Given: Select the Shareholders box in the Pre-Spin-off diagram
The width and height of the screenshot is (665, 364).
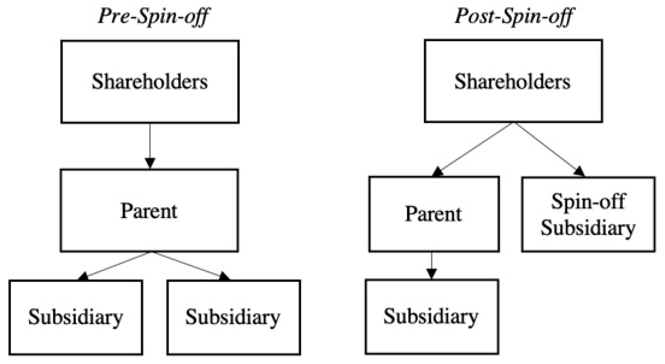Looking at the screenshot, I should tap(150, 82).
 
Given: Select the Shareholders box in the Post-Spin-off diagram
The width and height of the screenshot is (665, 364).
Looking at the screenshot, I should tap(513, 81).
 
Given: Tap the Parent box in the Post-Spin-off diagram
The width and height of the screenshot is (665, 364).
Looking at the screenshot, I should tap(434, 214).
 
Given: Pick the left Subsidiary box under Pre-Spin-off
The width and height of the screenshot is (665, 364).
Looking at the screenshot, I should tap(76, 317).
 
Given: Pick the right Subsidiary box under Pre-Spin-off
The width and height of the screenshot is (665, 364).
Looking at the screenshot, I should tap(233, 317).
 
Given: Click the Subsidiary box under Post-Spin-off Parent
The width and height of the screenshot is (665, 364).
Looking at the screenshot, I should tap(432, 317).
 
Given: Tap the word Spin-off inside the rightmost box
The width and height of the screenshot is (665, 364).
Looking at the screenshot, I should tap(588, 202).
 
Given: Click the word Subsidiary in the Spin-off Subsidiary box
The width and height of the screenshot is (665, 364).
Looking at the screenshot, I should tap(588, 228).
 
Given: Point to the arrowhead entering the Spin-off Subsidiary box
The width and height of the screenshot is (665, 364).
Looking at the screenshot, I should tap(579, 171).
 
